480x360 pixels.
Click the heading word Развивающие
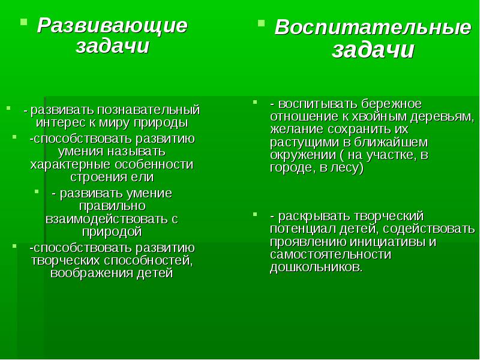pos(112,26)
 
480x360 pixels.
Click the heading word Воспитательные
pos(373,28)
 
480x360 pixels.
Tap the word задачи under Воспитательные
pos(373,50)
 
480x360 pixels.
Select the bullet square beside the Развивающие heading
pos(23,22)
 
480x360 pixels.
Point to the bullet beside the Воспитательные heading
pos(261,23)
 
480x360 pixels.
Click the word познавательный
pos(149,110)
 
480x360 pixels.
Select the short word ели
pos(144,177)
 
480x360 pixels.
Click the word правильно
pos(112,206)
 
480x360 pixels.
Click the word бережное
pos(391,104)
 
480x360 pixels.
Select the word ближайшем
pos(391,142)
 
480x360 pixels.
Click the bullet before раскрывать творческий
pos(255,214)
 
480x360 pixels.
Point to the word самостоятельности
pos(331,254)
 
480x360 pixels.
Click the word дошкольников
pos(316,268)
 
